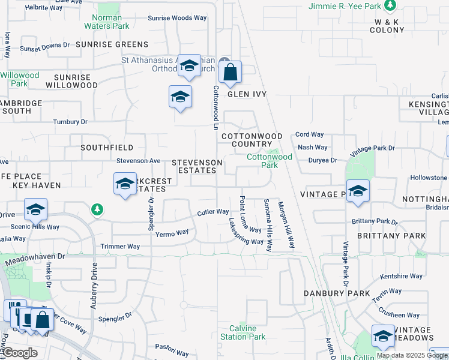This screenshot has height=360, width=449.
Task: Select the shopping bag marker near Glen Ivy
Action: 230,74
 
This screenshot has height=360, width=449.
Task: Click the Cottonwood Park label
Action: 270,160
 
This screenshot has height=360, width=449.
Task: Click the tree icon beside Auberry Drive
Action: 96,209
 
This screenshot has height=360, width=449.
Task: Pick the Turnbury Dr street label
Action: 70,122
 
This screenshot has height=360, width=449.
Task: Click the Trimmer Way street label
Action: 120,247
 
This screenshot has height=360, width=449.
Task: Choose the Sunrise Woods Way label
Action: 177,18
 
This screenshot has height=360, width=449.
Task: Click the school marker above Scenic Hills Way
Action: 35,211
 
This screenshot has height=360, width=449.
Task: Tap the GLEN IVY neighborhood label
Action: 246,94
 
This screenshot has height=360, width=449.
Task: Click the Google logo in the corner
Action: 20,353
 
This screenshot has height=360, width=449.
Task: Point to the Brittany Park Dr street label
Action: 375,221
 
